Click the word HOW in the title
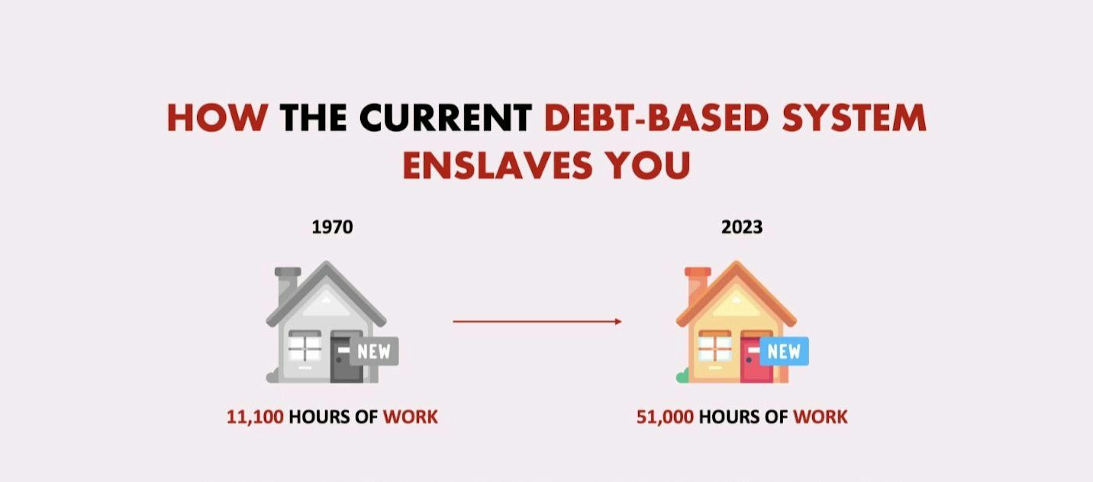click(217, 118)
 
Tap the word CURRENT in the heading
click(445, 118)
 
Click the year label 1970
click(332, 227)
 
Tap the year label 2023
click(742, 227)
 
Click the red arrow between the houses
click(537, 321)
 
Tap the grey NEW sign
click(374, 351)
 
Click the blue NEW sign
click(784, 351)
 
